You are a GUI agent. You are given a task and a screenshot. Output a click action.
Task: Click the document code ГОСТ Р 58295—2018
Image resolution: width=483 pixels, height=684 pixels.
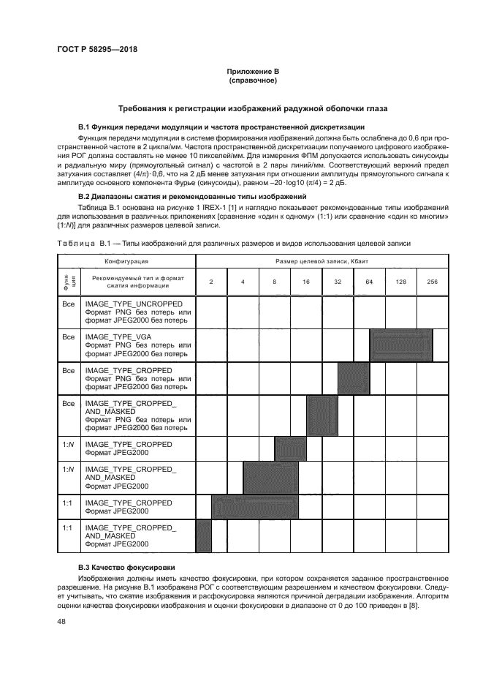pyautogui.click(x=97, y=49)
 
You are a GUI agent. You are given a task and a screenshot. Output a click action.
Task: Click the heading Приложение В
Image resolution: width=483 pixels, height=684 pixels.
pyautogui.click(x=253, y=71)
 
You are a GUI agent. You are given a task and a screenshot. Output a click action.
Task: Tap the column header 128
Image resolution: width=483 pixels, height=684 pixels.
pyautogui.click(x=400, y=281)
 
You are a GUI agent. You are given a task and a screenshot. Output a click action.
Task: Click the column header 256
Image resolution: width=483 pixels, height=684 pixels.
pyautogui.click(x=432, y=281)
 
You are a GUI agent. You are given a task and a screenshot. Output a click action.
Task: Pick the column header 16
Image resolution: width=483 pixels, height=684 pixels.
pyautogui.click(x=305, y=281)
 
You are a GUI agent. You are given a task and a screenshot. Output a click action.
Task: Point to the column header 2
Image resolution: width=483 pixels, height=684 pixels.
pyautogui.click(x=211, y=281)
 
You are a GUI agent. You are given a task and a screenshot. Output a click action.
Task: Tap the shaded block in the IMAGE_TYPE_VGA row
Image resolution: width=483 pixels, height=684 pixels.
pyautogui.click(x=401, y=344)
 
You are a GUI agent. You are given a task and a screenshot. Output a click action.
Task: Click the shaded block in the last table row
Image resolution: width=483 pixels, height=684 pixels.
pyautogui.click(x=204, y=534)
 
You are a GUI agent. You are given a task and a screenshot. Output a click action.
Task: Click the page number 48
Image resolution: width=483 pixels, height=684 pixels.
pyautogui.click(x=61, y=622)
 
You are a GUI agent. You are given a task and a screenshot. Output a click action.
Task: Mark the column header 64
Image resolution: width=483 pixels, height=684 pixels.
pyautogui.click(x=369, y=281)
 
